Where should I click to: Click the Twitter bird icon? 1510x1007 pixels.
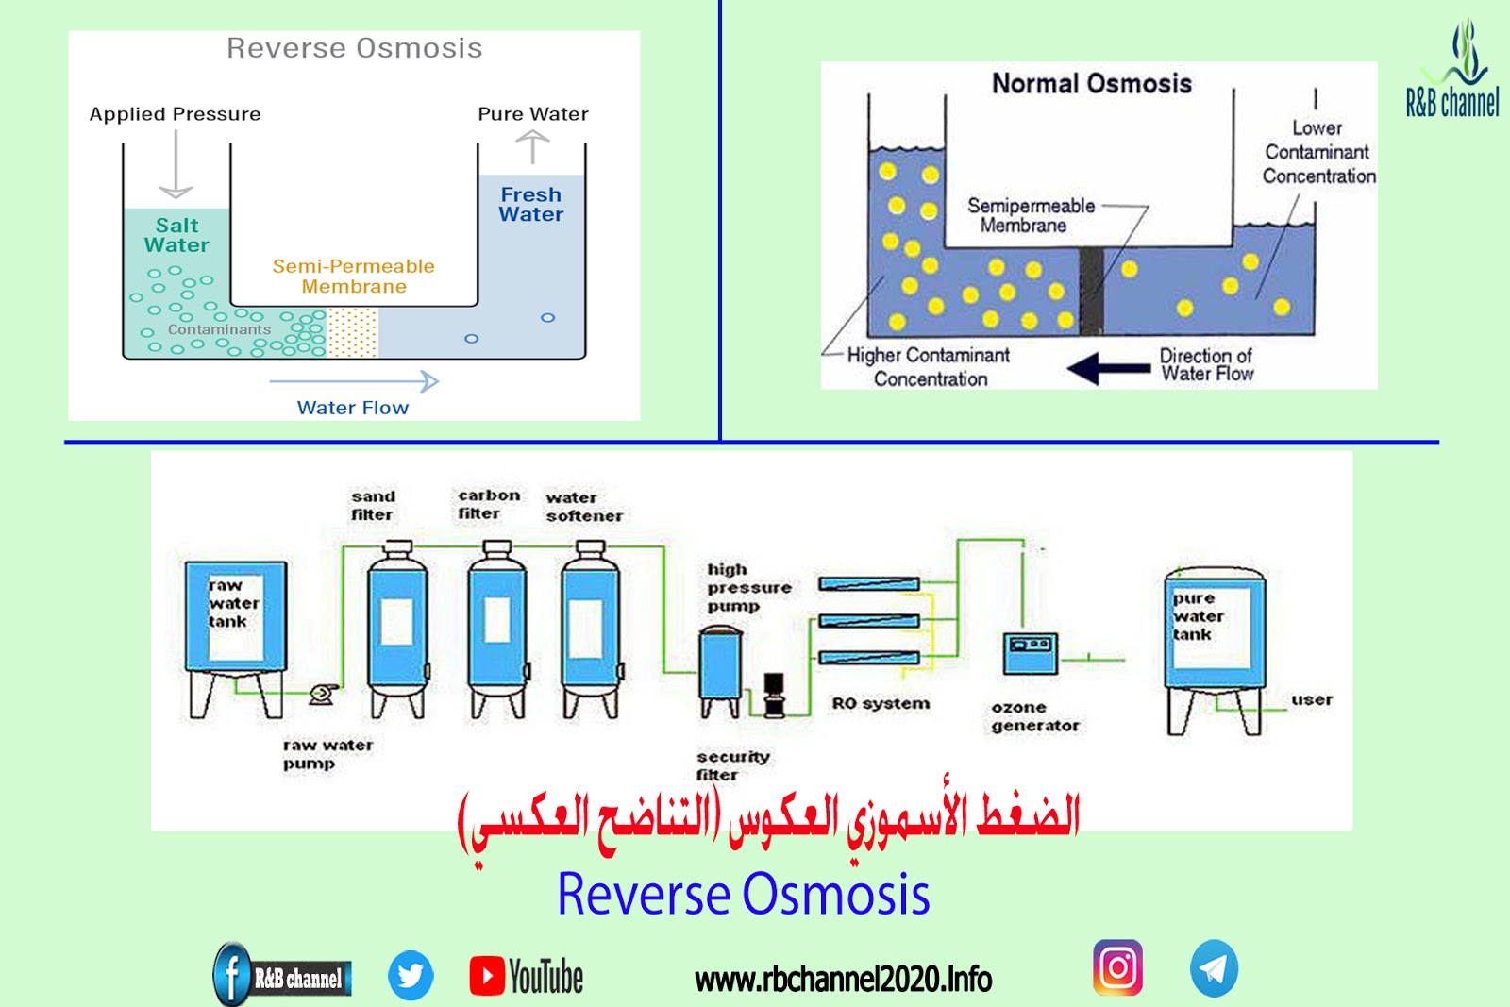(x=411, y=975)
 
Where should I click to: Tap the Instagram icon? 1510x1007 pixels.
(x=1117, y=967)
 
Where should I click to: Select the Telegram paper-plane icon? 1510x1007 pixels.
(x=1214, y=968)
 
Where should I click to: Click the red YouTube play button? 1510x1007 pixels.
(x=487, y=976)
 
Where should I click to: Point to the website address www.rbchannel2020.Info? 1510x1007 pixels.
(x=843, y=980)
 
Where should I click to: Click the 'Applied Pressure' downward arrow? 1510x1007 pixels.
(x=176, y=165)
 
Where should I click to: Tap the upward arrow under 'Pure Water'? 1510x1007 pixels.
(x=532, y=147)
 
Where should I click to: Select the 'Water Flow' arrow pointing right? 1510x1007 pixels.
(x=354, y=381)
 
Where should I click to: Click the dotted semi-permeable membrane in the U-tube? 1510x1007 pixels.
(x=352, y=333)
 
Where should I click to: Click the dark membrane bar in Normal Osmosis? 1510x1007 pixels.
(x=1091, y=291)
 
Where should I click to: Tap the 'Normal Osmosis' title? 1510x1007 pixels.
(x=1091, y=84)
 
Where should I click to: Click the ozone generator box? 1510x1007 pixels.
(x=1030, y=652)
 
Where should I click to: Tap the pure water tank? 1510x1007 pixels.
(x=1214, y=628)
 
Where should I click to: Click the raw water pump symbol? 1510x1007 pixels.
(x=322, y=695)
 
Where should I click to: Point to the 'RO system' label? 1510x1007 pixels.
(x=880, y=703)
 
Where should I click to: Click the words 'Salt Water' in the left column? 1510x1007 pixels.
(x=176, y=235)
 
